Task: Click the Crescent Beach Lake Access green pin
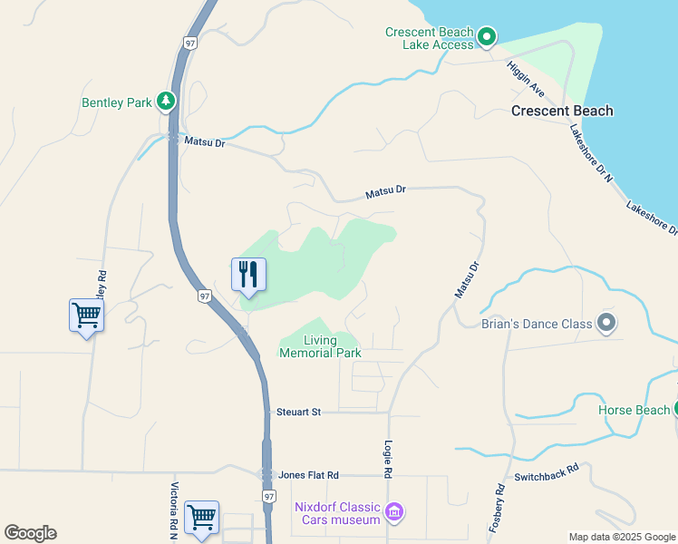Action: (487, 37)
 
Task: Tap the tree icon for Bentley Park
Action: (166, 102)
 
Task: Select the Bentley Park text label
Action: (117, 102)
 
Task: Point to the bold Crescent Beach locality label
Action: (562, 112)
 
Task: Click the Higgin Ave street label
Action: (526, 79)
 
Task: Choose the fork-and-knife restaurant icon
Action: (248, 274)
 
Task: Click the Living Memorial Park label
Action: (320, 346)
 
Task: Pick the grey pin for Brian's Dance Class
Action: (606, 323)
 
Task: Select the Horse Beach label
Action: (634, 410)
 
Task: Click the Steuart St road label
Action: (298, 413)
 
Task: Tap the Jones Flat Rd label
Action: (308, 475)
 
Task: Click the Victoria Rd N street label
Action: (174, 508)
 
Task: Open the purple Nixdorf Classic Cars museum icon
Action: (393, 513)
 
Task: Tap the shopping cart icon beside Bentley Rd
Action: (86, 316)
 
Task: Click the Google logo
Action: (30, 533)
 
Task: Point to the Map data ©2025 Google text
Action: (622, 537)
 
